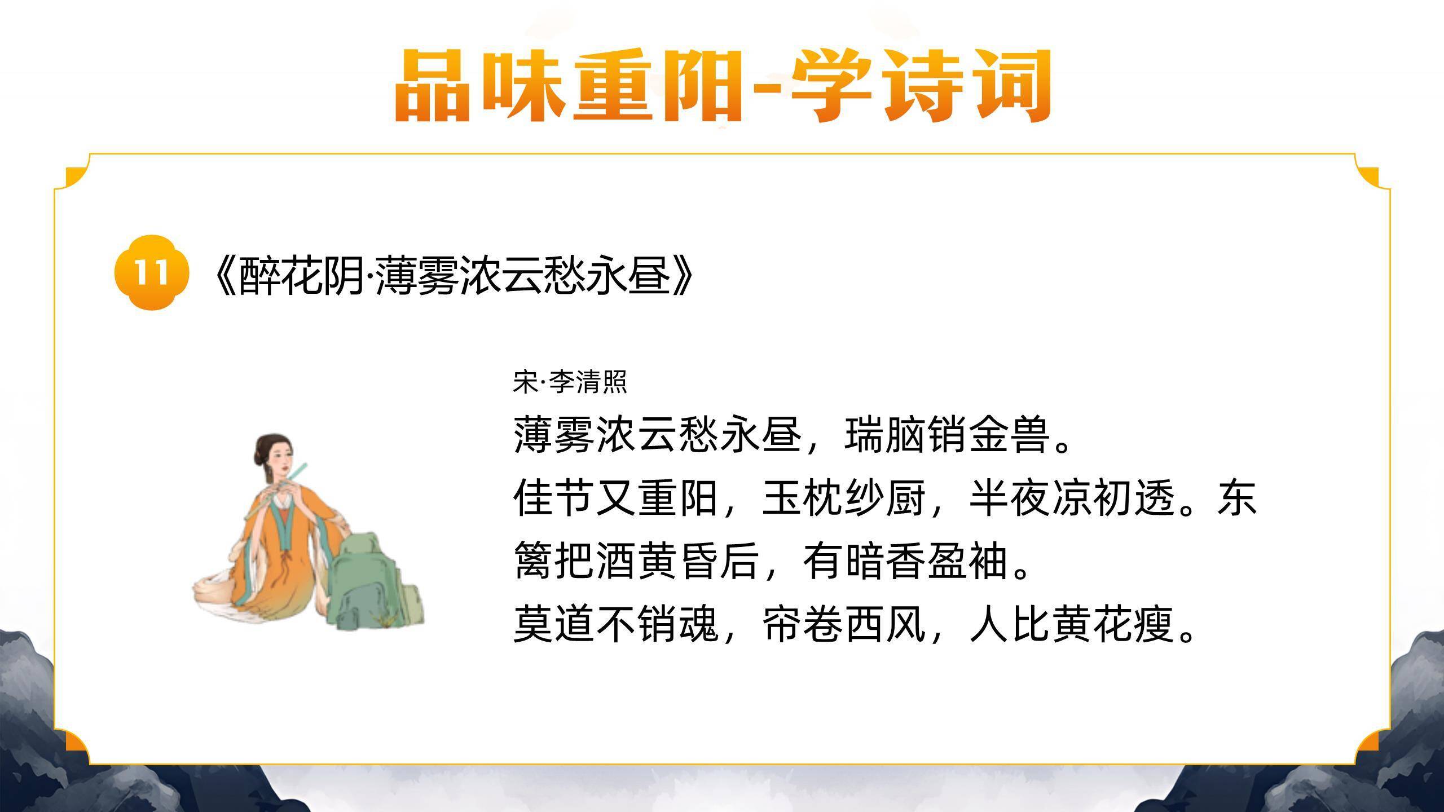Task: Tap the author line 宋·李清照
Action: click(x=570, y=382)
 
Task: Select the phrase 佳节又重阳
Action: click(x=615, y=498)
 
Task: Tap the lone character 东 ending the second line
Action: click(x=1237, y=498)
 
